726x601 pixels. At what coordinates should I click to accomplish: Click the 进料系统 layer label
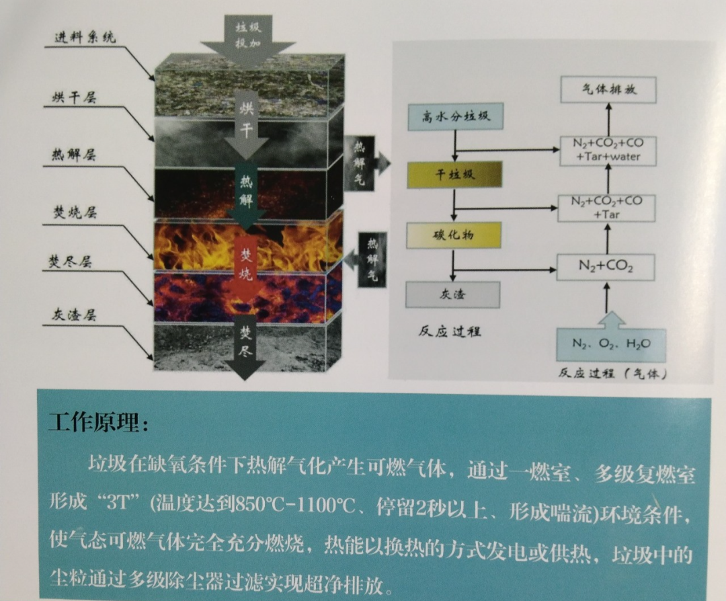pyautogui.click(x=85, y=37)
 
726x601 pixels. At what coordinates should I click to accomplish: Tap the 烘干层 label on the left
pyautogui.click(x=74, y=97)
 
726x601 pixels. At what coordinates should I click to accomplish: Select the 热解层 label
pyautogui.click(x=74, y=155)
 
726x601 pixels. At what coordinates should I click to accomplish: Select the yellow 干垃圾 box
pyautogui.click(x=454, y=175)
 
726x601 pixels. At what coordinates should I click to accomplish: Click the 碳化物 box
pyautogui.click(x=454, y=235)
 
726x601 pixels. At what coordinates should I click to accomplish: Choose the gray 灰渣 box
pyautogui.click(x=453, y=294)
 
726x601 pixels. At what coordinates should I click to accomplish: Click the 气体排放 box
pyautogui.click(x=608, y=89)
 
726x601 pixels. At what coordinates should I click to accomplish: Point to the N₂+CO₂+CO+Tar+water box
pyautogui.click(x=607, y=150)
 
